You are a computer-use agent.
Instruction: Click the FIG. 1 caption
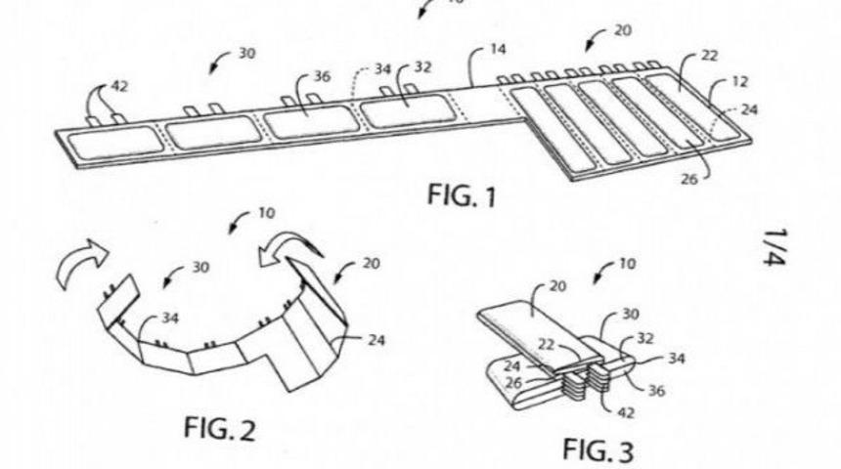[462, 195]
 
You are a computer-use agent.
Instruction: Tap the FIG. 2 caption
[219, 429]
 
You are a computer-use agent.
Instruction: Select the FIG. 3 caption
[598, 449]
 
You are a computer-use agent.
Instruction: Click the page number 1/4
[775, 247]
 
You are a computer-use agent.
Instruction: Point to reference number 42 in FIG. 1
[119, 86]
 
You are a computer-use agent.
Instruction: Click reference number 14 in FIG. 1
[498, 49]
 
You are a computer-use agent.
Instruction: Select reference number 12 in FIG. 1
[739, 82]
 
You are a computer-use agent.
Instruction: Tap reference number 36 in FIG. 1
[322, 76]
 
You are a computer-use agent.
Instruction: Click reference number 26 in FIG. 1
[689, 179]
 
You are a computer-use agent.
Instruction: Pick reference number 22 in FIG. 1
[709, 56]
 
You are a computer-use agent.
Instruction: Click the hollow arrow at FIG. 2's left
[82, 264]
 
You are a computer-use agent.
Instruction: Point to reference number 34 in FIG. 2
[170, 319]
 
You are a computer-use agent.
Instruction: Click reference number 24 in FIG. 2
[376, 340]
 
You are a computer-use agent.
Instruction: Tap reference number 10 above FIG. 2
[267, 213]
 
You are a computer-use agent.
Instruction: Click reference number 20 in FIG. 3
[557, 286]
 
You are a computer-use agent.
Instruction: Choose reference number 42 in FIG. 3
[626, 412]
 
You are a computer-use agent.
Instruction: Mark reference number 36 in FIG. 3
[656, 391]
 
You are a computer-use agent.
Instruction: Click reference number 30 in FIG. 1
[246, 54]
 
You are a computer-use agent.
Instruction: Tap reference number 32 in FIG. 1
[422, 67]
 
